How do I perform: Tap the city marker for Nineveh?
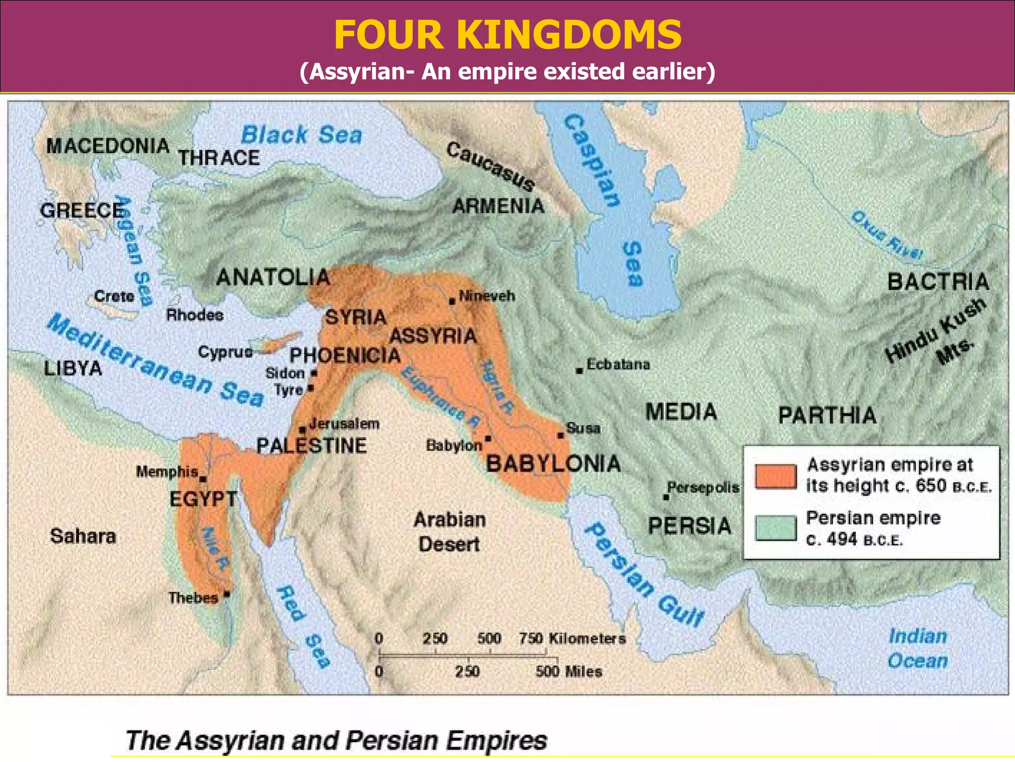tap(452, 301)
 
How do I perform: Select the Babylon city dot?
tap(488, 439)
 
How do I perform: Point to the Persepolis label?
tap(703, 487)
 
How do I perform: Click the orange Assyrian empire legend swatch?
tap(776, 476)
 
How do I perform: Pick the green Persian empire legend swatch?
tap(776, 527)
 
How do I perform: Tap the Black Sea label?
tap(301, 135)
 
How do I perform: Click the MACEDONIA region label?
tap(108, 146)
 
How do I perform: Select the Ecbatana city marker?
tap(579, 371)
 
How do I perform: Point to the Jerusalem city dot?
tap(302, 430)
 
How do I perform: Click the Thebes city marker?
tap(227, 594)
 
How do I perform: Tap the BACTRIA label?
tap(938, 282)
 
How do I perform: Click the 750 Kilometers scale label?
tap(572, 638)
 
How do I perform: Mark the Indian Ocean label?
tap(917, 648)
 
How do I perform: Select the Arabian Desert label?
tap(450, 532)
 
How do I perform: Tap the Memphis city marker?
tap(203, 479)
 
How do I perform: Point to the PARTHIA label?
tap(827, 415)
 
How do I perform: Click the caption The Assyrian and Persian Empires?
tap(336, 741)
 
